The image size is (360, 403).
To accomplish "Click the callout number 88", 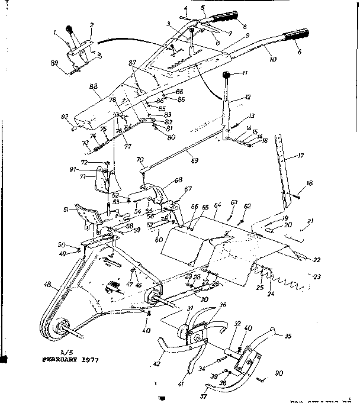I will click(x=94, y=86).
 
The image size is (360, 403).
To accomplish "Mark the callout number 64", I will click(x=217, y=205).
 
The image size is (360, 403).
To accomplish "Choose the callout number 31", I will click(x=190, y=308).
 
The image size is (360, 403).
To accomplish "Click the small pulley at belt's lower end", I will click(x=60, y=329).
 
